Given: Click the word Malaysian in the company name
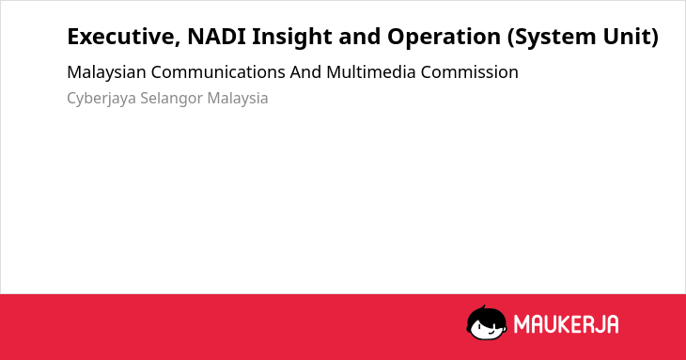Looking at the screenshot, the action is (x=106, y=72).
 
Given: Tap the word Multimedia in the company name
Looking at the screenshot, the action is (x=371, y=72).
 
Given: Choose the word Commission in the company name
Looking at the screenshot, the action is (x=470, y=72).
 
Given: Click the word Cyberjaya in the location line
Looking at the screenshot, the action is (x=101, y=99).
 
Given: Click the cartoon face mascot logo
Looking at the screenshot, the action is (x=487, y=322).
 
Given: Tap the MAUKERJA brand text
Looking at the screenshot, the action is (x=566, y=324).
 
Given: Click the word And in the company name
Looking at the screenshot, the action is (x=305, y=72).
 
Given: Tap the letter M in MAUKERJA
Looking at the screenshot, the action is (x=521, y=324).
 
